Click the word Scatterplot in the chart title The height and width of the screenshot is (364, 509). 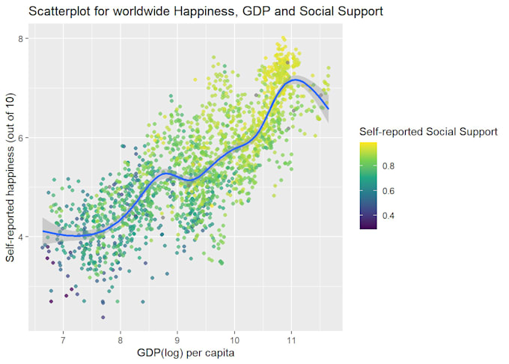37,12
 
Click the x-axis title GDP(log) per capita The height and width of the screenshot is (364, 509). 188,353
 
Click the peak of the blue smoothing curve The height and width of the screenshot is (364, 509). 296,79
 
